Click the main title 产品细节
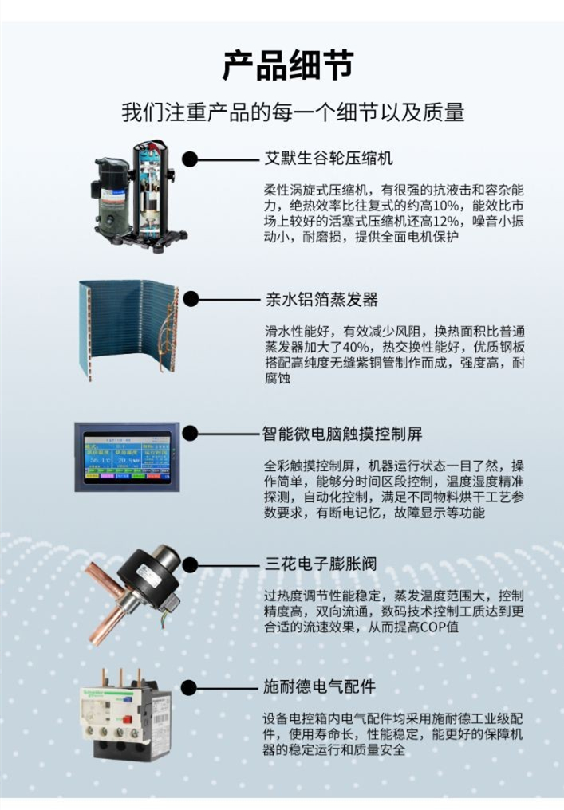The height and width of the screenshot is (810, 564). (x=288, y=66)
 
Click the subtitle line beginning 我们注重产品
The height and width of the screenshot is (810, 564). (x=293, y=112)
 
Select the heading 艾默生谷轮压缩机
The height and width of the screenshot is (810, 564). (x=329, y=158)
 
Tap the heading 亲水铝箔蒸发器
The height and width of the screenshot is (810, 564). (x=321, y=299)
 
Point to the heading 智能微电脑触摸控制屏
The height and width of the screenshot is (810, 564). (x=342, y=434)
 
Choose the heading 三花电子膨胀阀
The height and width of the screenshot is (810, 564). (x=321, y=563)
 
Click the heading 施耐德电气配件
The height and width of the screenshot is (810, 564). (x=319, y=686)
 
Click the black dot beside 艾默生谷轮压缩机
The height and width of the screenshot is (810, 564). (x=190, y=159)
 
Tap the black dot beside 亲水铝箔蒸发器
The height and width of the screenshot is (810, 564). (x=191, y=299)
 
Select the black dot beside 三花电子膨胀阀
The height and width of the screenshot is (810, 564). (x=190, y=564)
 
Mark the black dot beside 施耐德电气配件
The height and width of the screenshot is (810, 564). (x=189, y=687)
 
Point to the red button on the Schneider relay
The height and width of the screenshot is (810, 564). (x=128, y=720)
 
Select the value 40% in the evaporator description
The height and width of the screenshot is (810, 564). (x=355, y=347)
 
